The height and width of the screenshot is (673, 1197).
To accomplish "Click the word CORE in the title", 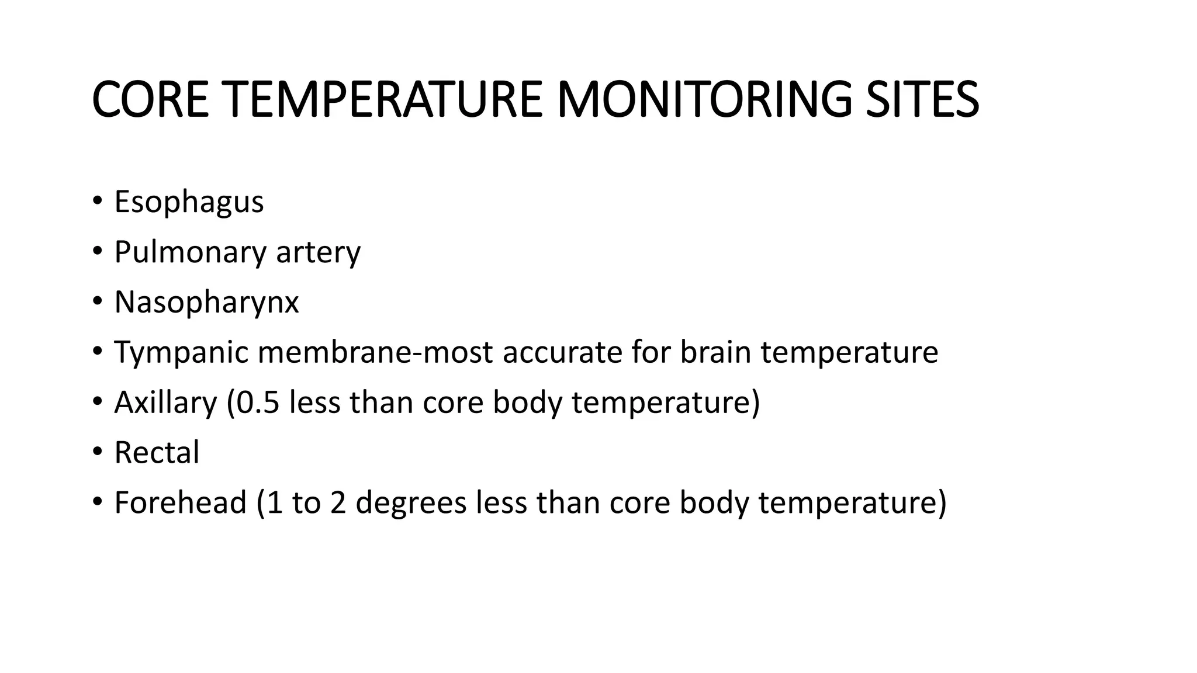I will (x=150, y=99).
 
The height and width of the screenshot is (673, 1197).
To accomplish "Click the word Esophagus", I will (x=189, y=203).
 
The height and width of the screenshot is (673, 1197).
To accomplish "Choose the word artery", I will (x=318, y=253).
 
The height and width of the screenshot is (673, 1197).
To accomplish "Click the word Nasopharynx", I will (x=206, y=303).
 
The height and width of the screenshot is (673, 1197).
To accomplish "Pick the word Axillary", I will (x=165, y=403).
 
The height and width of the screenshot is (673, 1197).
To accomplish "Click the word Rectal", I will (x=157, y=453).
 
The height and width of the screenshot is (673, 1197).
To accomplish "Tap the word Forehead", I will (x=181, y=503).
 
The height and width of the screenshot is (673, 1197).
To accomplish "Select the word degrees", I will (x=411, y=504).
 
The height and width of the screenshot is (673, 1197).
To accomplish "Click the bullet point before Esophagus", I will (x=97, y=203).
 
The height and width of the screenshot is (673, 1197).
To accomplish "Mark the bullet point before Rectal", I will (x=97, y=453).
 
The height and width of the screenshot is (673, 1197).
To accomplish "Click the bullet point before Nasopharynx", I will (x=97, y=303).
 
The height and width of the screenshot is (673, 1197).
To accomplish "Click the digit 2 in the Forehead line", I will (x=338, y=503).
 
